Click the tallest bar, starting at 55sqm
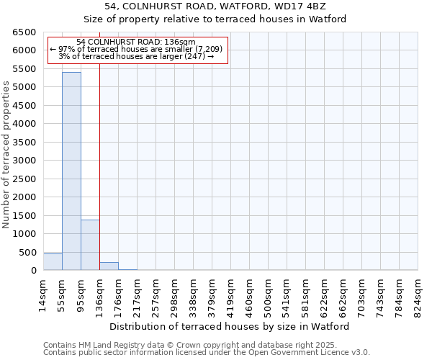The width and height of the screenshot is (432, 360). pyautogui.click(x=71, y=171)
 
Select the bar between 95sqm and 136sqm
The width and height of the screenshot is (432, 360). pyautogui.click(x=90, y=245)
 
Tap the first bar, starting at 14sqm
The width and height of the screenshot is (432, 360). pyautogui.click(x=53, y=262)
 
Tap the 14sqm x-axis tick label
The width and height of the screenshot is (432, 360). pyautogui.click(x=42, y=294)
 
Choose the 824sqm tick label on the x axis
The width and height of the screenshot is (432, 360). pyautogui.click(x=418, y=294)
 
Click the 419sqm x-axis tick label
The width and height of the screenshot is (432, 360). pyautogui.click(x=230, y=294)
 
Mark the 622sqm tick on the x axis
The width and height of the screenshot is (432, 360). pyautogui.click(x=324, y=294)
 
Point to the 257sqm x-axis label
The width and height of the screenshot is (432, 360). pyautogui.click(x=156, y=294)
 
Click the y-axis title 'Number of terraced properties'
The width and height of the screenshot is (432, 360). pyautogui.click(x=6, y=154)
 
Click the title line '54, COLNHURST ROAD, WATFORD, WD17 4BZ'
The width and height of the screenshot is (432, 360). pyautogui.click(x=215, y=7)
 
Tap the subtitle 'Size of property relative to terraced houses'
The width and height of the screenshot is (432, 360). pyautogui.click(x=215, y=19)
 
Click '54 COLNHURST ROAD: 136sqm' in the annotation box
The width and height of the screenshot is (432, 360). pyautogui.click(x=135, y=42)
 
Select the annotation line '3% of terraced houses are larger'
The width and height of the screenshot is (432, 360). pyautogui.click(x=136, y=56)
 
